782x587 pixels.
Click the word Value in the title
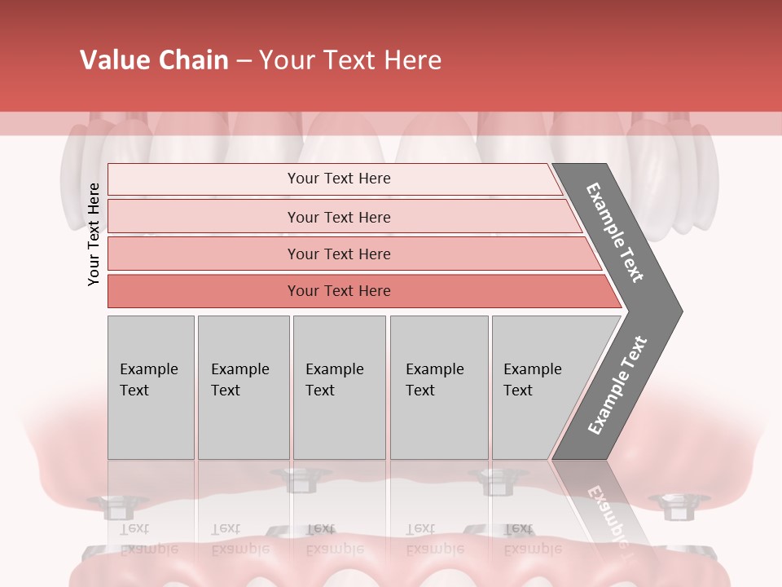point(113,60)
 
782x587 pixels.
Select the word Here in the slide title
point(412,60)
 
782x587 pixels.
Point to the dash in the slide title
point(244,61)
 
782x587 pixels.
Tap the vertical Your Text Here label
point(94,234)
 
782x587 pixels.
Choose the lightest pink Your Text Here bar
point(338,179)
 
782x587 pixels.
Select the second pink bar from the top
point(338,217)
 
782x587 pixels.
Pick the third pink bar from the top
point(338,254)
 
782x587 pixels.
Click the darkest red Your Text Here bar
point(338,291)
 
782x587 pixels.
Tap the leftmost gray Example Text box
point(151,386)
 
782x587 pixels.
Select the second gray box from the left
point(243,386)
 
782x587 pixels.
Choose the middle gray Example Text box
point(339,386)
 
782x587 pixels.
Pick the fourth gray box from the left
point(438,386)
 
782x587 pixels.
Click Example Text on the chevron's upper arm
point(615,232)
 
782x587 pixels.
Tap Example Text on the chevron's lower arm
point(617,386)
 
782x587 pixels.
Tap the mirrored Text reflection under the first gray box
point(134,528)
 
